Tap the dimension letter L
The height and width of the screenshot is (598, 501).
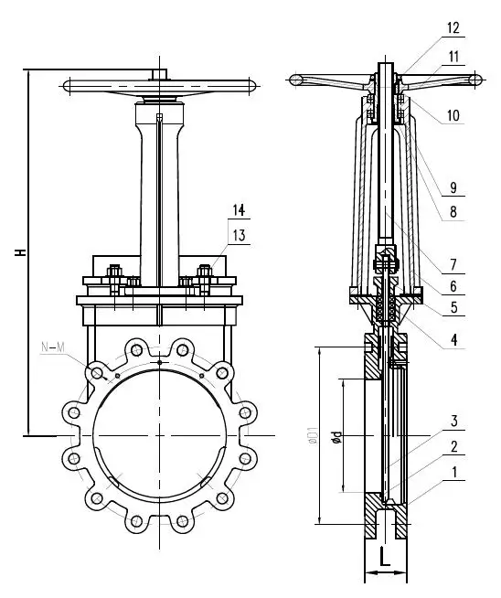pos(386,556)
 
